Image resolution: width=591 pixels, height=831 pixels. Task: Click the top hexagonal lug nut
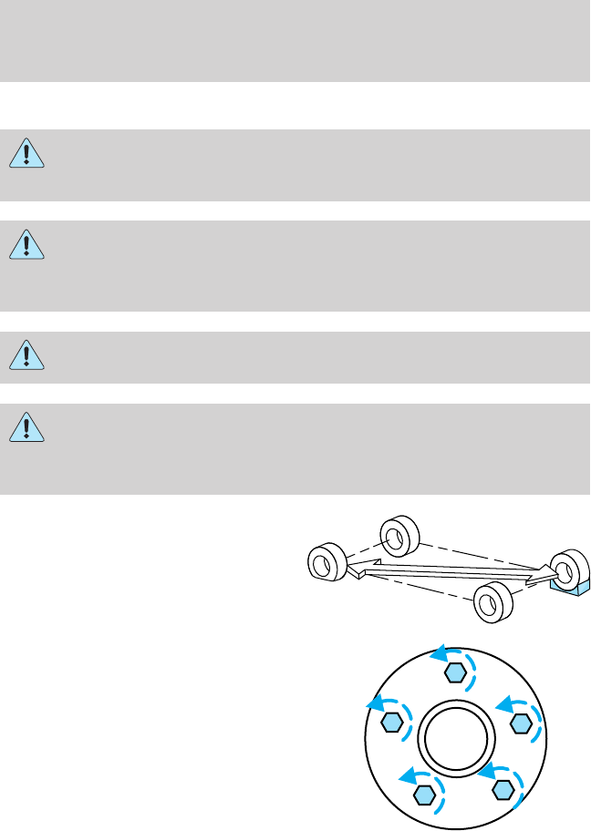click(x=455, y=673)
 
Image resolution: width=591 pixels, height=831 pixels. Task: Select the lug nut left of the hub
click(x=392, y=723)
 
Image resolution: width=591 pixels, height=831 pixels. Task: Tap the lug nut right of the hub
click(x=520, y=723)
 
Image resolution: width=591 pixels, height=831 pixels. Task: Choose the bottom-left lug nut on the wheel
click(x=422, y=795)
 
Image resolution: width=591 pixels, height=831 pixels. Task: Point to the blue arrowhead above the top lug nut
click(x=439, y=652)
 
